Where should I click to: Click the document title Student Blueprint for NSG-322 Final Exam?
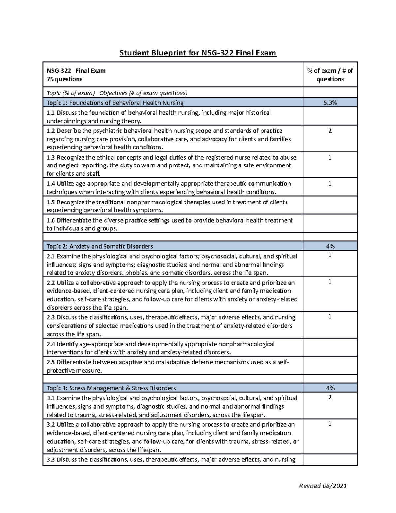tap(198, 53)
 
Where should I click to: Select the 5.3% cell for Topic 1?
tap(330, 102)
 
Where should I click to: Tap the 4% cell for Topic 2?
tap(330, 246)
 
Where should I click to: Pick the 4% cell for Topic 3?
tap(330, 388)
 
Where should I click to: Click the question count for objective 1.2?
tap(330, 131)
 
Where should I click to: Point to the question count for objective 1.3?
tap(330, 158)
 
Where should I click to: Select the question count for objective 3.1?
tap(330, 397)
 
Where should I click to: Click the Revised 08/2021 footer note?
tap(322, 486)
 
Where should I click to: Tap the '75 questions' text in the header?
tap(64, 79)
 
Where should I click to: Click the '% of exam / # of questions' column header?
tap(330, 75)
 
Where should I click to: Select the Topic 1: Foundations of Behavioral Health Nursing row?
tap(115, 102)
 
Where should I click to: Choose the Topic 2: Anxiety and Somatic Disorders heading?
tap(100, 246)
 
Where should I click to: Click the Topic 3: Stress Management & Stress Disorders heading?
tap(111, 388)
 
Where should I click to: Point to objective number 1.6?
tap(51, 220)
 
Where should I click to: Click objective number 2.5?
tap(51, 362)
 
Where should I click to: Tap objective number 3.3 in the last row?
tap(51, 459)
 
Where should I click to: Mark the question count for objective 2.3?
tap(330, 317)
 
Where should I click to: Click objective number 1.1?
tap(51, 113)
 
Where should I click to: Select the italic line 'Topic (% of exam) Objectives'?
tap(117, 92)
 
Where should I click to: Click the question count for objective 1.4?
tap(330, 184)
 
